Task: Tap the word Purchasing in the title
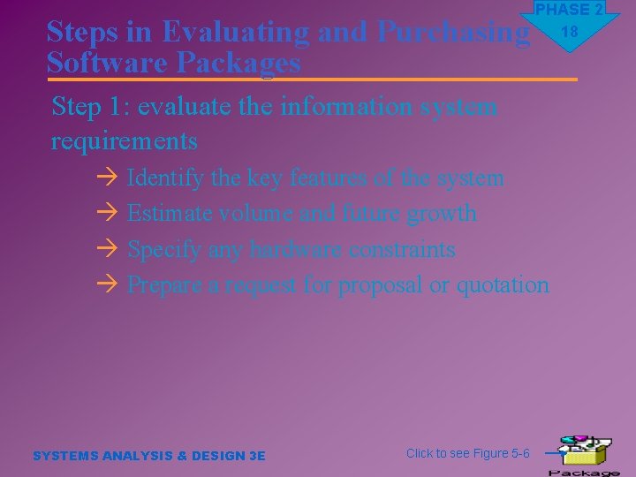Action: coord(453,32)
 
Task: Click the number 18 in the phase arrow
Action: coord(570,32)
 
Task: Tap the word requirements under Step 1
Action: coord(125,140)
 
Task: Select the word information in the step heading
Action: coord(337,107)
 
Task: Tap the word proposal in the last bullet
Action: coord(380,284)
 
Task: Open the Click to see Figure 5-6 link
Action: coord(467,453)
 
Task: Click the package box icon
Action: coord(583,452)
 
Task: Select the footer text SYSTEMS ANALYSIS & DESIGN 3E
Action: coord(148,456)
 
